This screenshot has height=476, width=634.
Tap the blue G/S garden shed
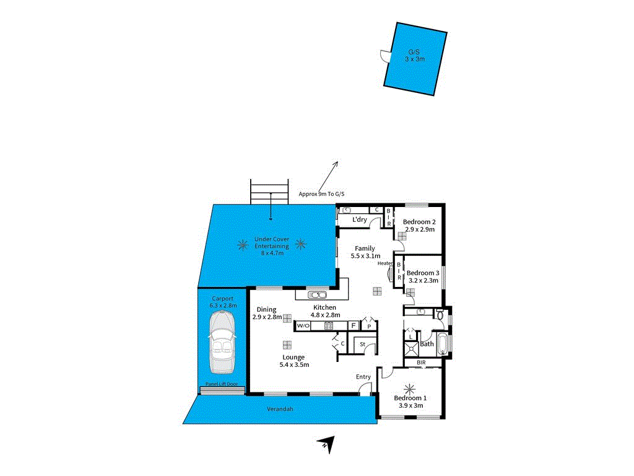pos(414,59)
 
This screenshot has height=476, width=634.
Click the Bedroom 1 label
pos(410,398)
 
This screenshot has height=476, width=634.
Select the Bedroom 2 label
pos(419,222)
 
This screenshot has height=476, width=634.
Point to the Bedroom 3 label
pos(423,273)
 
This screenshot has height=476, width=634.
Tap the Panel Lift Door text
pos(221,384)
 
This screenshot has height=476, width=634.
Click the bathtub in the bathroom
pos(442,344)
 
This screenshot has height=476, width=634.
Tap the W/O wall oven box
pos(303,325)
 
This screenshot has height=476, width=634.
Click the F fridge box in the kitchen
pos(353,325)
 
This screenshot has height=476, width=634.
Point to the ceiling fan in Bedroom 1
pos(409,389)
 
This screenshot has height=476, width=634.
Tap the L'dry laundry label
pos(359,220)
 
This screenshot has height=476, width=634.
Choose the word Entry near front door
pos(363,377)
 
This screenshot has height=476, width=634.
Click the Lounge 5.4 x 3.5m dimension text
pos(293,364)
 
